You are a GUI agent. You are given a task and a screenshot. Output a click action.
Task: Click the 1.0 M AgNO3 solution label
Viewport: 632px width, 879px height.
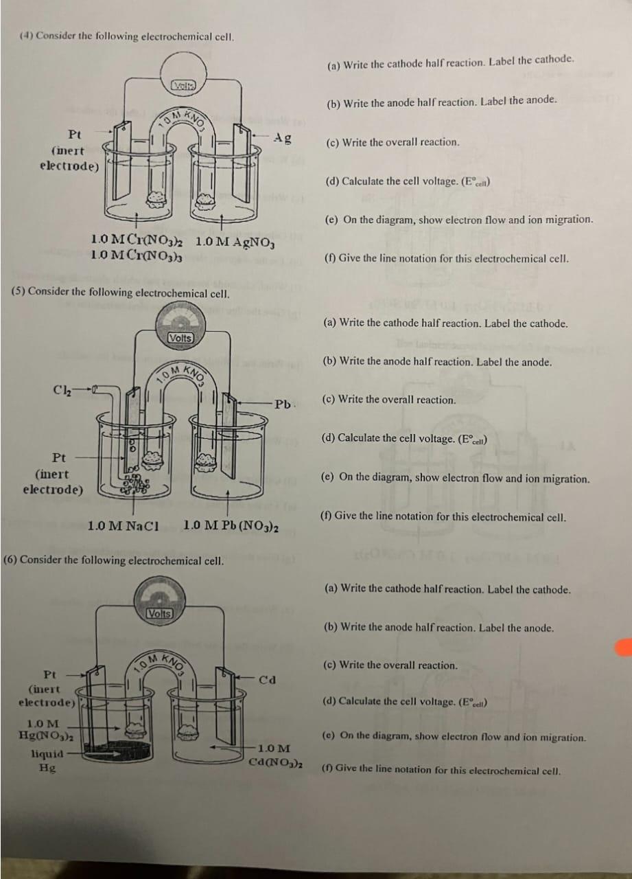pos(235,241)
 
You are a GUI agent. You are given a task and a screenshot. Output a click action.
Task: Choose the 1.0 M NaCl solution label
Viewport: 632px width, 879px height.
pos(124,526)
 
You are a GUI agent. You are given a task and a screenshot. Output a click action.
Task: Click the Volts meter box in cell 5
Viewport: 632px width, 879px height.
pos(180,338)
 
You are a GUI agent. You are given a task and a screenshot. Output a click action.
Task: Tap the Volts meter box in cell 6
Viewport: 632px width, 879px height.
pos(159,613)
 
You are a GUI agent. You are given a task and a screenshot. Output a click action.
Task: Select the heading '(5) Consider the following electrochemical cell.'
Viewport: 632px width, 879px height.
pos(120,293)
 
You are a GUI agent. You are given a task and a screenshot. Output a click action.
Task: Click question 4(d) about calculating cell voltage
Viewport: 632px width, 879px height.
pos(408,181)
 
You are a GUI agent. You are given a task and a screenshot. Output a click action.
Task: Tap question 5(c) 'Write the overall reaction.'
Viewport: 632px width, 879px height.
pos(389,400)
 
